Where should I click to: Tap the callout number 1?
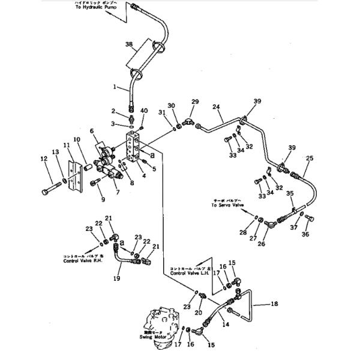(115, 87)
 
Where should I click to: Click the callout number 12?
(43, 158)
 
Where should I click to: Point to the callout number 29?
(195, 102)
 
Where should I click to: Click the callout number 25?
(310, 158)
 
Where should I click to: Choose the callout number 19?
(116, 278)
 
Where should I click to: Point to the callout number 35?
(290, 193)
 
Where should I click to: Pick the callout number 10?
(76, 140)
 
